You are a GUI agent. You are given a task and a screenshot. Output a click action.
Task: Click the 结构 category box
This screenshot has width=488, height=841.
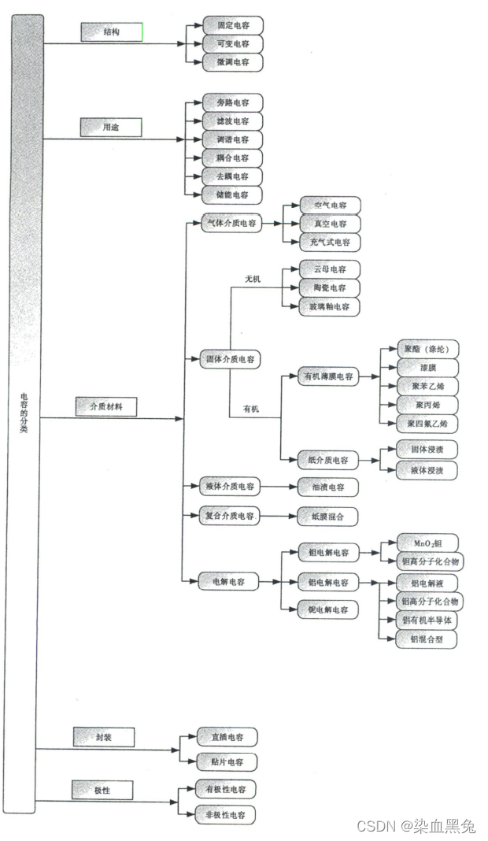point(111,32)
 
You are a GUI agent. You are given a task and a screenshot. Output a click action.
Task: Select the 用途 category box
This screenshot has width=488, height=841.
point(111,127)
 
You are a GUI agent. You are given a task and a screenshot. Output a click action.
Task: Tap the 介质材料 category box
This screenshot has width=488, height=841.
point(105,406)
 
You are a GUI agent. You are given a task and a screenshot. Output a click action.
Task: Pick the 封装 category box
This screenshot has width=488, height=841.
point(103,737)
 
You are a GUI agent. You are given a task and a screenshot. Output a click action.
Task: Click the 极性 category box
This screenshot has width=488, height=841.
point(102,789)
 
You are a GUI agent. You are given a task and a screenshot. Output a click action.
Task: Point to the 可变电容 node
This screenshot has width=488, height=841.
point(233,43)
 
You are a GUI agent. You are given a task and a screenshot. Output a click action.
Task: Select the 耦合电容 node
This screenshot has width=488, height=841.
point(232,158)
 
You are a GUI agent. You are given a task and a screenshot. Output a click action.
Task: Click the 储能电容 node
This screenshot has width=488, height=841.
point(232,195)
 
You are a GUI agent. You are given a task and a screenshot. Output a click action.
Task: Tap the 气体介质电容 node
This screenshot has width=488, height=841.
point(231,223)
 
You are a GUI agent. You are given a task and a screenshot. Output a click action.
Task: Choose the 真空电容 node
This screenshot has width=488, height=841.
point(331,224)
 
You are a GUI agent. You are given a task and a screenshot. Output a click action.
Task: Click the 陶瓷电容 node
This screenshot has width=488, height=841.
point(331,287)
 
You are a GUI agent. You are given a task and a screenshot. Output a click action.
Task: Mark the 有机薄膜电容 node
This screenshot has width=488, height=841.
point(328,376)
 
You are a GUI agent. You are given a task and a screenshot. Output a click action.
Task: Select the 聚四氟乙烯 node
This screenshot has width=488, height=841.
point(427,423)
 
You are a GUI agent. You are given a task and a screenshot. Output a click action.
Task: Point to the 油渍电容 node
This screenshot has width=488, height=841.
point(327,487)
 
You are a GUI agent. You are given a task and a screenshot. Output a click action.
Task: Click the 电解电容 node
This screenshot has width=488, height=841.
point(229,582)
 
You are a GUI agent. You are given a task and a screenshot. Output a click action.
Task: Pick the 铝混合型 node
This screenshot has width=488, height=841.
point(427,639)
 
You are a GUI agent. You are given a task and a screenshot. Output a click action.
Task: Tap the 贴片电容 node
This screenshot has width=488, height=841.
point(227,761)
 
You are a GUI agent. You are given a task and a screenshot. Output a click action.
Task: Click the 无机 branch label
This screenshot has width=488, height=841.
point(253,280)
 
